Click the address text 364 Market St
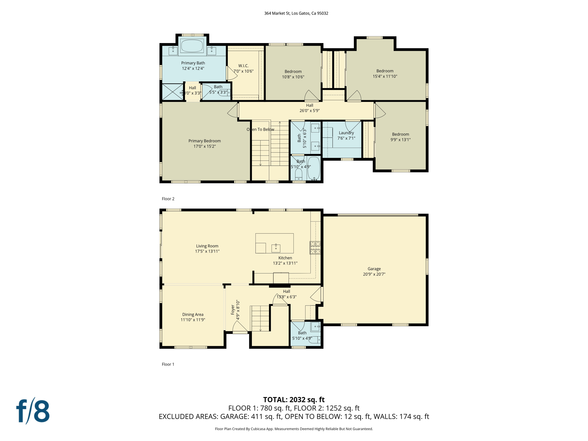[296, 13]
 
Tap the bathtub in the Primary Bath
[192, 46]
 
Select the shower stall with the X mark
[172, 92]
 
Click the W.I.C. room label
[243, 66]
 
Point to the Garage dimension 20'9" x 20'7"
[374, 274]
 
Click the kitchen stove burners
[315, 247]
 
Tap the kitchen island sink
[276, 248]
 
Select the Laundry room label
[346, 133]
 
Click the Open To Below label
[260, 129]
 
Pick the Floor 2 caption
[168, 199]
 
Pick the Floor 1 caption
[168, 364]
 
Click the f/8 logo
[33, 411]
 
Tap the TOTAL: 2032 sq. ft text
[294, 400]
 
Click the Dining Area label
[193, 314]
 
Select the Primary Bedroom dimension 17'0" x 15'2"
[204, 146]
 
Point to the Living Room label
[207, 246]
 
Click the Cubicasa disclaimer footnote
[294, 429]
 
